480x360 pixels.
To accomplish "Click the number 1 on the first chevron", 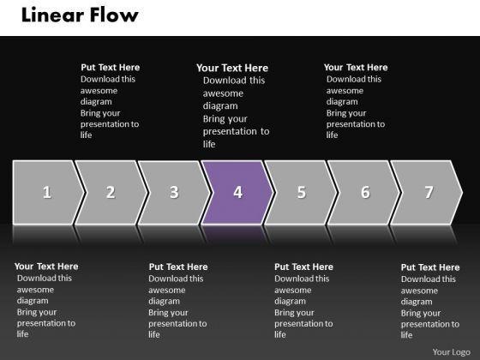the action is pos(47,192).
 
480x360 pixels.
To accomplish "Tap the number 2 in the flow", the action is pos(111,192).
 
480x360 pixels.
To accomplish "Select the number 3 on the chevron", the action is pos(174,192).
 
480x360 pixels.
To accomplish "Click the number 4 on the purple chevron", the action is pos(238,192).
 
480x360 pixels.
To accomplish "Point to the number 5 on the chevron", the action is pos(302,192).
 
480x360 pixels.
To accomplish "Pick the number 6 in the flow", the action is pos(365,192).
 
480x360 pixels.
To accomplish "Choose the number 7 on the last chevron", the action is pos(429,192).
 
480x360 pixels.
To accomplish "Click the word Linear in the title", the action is pos(53,15).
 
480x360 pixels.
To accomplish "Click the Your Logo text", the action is pos(452,352).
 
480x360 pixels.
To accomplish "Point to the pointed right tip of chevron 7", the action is pos(462,193).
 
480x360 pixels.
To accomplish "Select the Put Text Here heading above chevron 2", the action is pos(111,68).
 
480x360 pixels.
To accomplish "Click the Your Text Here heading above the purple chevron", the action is pos(232,68).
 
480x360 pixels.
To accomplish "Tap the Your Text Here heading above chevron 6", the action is pos(356,68).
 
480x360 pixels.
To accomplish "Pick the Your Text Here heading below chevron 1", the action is pos(46,267).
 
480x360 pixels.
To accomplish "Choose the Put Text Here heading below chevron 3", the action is pos(178,267).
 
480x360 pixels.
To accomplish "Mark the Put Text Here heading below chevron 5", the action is pos(303,267).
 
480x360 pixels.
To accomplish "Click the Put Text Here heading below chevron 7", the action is pos(430,267).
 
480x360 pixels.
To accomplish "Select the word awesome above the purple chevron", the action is pos(223,93).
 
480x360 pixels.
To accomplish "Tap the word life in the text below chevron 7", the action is pos(406,335).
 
